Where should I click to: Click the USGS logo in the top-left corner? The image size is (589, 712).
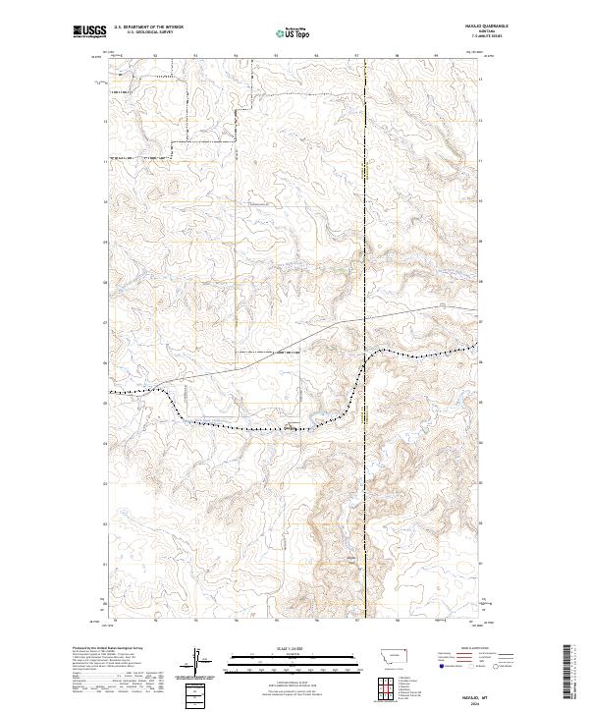tap(88, 32)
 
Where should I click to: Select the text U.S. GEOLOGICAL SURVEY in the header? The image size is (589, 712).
tap(148, 32)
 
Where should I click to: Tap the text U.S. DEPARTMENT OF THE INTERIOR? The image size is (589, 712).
tap(148, 27)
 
